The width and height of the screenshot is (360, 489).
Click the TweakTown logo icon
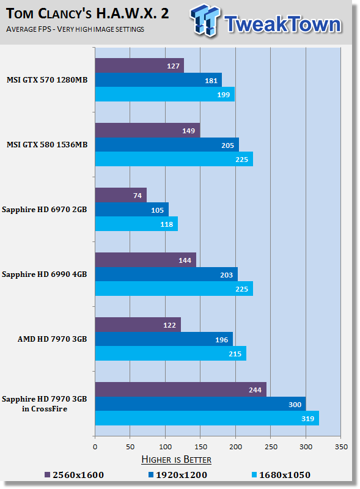click(205, 21)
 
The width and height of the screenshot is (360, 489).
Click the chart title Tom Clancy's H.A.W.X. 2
click(87, 13)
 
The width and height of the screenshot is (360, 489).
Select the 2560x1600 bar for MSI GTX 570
click(139, 65)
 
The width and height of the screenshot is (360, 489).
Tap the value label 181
click(211, 81)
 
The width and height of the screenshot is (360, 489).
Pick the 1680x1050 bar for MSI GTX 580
click(174, 159)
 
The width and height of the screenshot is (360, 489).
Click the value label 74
click(138, 196)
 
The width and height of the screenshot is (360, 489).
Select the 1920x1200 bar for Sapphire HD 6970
click(132, 210)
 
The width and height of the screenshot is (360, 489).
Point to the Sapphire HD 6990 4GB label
click(44, 274)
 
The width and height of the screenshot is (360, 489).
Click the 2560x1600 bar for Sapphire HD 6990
click(145, 260)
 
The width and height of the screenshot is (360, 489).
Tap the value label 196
click(221, 340)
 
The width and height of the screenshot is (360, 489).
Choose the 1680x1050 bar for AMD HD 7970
click(171, 353)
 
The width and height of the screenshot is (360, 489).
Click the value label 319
click(307, 419)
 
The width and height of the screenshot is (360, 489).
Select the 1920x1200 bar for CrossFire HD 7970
click(200, 404)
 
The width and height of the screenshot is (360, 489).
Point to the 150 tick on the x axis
click(200, 447)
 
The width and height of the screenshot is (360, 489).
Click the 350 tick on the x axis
click(341, 447)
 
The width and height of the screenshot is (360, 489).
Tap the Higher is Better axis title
click(176, 460)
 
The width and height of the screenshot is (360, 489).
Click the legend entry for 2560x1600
click(74, 475)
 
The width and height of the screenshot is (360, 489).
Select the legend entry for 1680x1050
click(281, 475)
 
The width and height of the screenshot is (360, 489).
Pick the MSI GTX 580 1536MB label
click(47, 145)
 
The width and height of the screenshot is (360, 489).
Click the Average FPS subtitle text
click(75, 29)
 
